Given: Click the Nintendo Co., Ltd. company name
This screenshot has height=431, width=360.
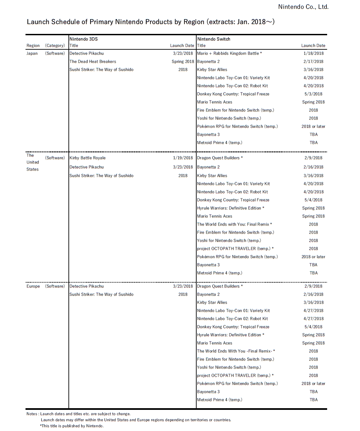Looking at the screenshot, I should click(303, 7).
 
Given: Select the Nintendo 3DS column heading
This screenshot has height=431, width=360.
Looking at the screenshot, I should click(84, 39).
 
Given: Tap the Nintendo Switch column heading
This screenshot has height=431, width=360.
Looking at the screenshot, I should click(214, 39).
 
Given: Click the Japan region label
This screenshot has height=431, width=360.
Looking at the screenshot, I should click(32, 53).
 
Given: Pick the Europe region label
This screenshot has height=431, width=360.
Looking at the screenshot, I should click(33, 286).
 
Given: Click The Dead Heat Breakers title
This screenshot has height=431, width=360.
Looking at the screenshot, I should click(93, 61).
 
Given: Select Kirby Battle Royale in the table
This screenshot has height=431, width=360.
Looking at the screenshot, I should click(87, 158).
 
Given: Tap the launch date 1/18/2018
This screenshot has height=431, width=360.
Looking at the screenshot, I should click(313, 53).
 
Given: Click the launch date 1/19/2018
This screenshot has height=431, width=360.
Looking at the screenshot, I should click(183, 158).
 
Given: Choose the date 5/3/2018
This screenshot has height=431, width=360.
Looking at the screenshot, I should click(313, 94).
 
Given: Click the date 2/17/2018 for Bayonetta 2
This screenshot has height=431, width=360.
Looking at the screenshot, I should click(313, 61).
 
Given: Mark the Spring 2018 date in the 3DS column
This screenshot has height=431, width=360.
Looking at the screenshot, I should click(183, 61).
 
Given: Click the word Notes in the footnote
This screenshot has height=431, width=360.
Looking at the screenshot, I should click(32, 414).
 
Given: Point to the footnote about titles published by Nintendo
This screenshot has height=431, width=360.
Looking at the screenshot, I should click(72, 426).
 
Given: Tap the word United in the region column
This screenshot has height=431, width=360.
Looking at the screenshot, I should click(33, 162).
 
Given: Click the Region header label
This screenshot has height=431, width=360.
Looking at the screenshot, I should click(33, 46).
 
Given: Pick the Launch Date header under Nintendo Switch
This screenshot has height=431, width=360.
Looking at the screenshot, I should click(313, 46).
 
